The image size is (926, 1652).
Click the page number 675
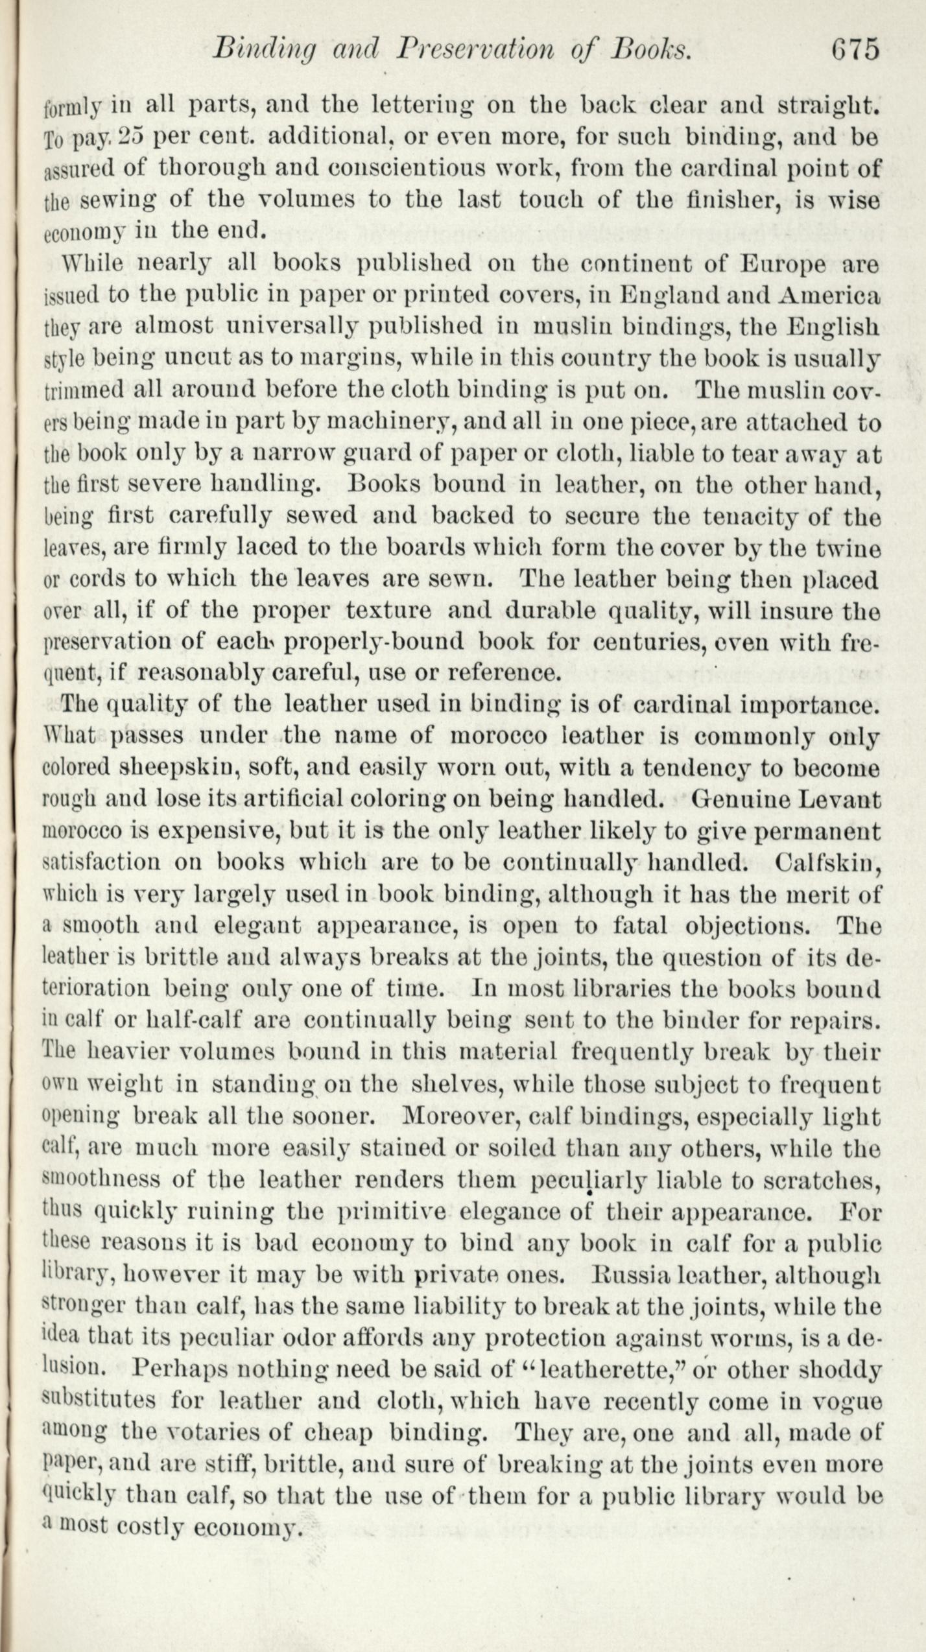point(855,50)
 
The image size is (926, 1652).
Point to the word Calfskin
point(827,862)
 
